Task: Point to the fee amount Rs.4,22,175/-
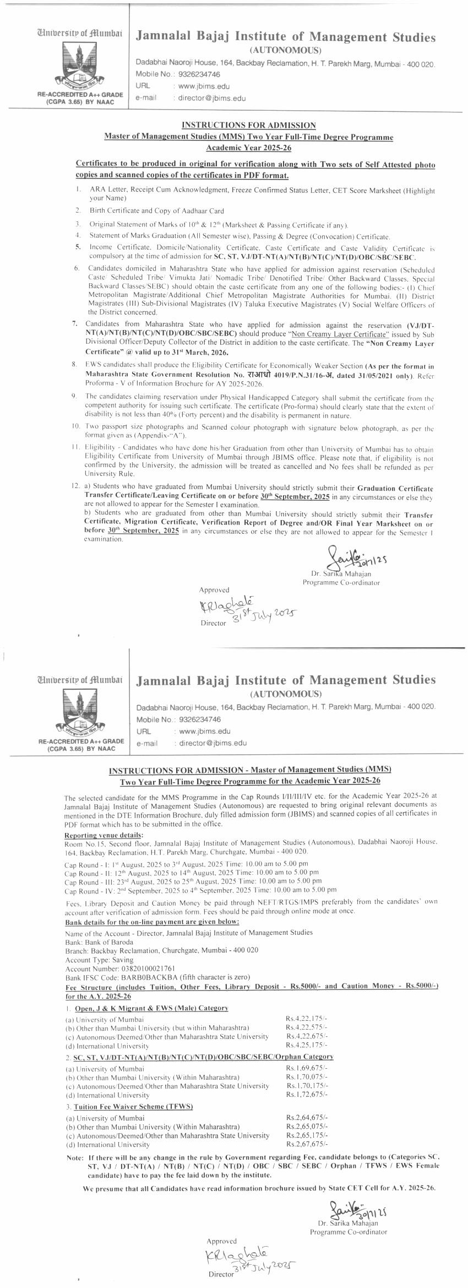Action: pos(306,1019)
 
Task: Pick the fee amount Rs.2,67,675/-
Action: pos(307,1144)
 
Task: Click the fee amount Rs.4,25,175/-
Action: pos(306,1045)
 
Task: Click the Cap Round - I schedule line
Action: pos(186,864)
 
